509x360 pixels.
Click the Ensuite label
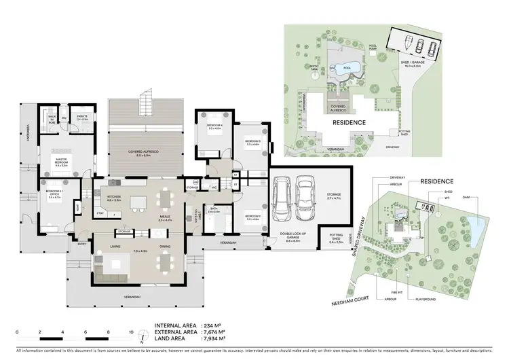[x=81, y=118]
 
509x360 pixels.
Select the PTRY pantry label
[x=100, y=213]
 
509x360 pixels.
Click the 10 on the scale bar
[x=132, y=332]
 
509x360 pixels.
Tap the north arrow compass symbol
[x=141, y=336]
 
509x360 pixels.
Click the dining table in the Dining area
[x=166, y=261]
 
